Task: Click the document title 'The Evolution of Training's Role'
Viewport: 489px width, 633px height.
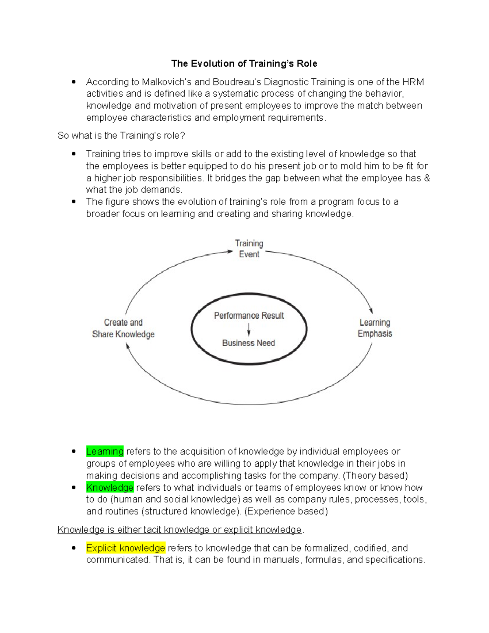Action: (244, 64)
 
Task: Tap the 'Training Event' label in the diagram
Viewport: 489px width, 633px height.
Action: (249, 249)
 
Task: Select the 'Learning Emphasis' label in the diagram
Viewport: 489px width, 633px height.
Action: (375, 328)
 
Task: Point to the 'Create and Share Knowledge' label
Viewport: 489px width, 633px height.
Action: (123, 329)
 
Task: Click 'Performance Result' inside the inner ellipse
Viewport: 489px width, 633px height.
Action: (249, 315)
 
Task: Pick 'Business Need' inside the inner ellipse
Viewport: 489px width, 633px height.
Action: (249, 343)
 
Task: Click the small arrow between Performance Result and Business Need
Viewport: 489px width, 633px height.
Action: (249, 329)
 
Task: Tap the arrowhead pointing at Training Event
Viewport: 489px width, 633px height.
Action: (230, 251)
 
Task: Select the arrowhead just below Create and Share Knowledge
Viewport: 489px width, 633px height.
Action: (128, 346)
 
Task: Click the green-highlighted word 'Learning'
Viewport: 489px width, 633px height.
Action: (105, 452)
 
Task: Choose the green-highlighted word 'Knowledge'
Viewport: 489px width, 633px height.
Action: (110, 487)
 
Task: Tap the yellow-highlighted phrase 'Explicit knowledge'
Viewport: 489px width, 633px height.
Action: (126, 548)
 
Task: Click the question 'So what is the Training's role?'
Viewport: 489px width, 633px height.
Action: (121, 136)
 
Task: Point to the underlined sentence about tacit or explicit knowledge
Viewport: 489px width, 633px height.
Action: (180, 529)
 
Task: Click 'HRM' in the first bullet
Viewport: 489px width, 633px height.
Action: (413, 82)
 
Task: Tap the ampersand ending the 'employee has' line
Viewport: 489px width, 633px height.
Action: (427, 178)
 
